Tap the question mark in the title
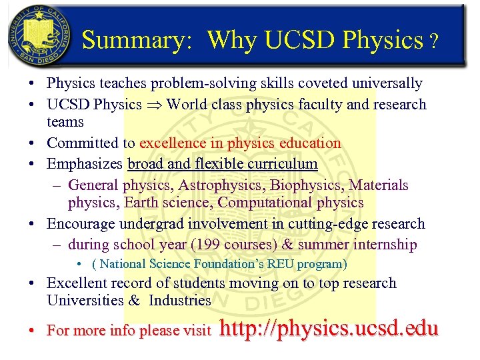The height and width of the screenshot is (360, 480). click(434, 42)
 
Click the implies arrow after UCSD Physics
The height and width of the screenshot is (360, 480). click(154, 105)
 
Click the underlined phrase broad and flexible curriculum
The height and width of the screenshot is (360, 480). click(223, 163)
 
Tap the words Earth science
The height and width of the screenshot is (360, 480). click(167, 202)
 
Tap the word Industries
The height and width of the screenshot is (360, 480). click(179, 300)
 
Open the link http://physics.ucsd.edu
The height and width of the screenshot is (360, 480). click(328, 329)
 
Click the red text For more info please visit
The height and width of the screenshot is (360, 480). click(129, 330)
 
